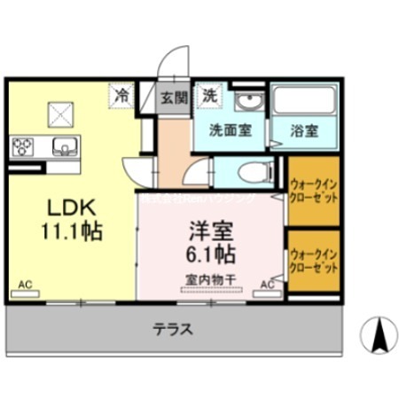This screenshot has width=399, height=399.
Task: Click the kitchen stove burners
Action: [22, 145]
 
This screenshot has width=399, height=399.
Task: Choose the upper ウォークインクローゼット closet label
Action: [311, 190]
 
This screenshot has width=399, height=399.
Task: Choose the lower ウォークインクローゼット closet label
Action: [311, 261]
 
